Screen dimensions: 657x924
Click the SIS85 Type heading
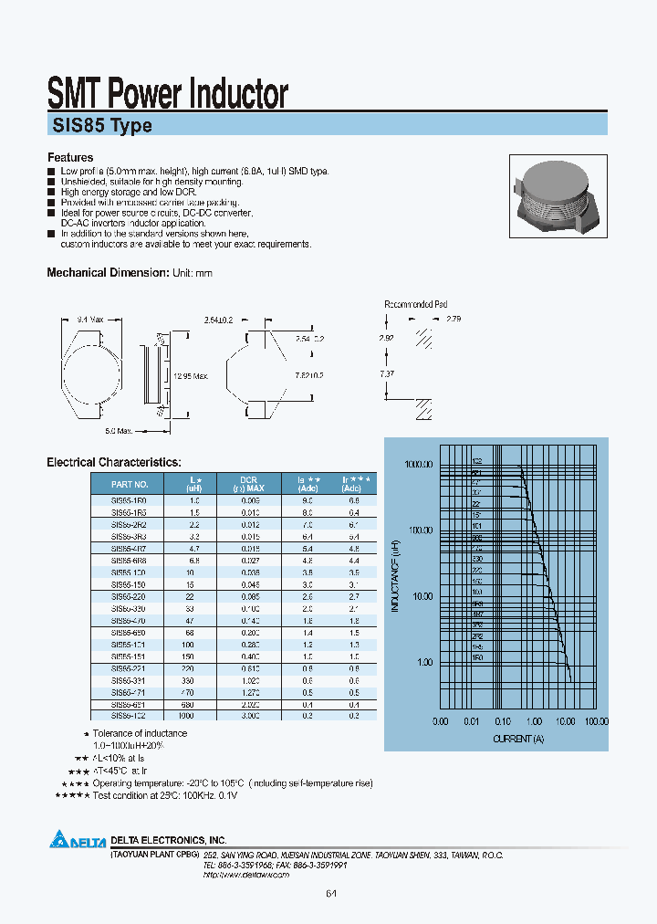[x=99, y=126]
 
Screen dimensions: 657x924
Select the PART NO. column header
[x=129, y=485]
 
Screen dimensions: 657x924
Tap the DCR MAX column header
[x=248, y=485]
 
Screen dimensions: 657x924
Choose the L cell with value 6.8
[x=193, y=560]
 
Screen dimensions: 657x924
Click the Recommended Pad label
[x=415, y=304]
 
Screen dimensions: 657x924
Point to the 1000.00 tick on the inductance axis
[x=417, y=464]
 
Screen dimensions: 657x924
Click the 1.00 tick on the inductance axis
[x=424, y=662]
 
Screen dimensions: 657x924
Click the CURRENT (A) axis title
[x=518, y=738]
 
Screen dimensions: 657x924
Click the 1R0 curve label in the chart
[x=477, y=656]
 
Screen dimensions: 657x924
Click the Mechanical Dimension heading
[x=108, y=273]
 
